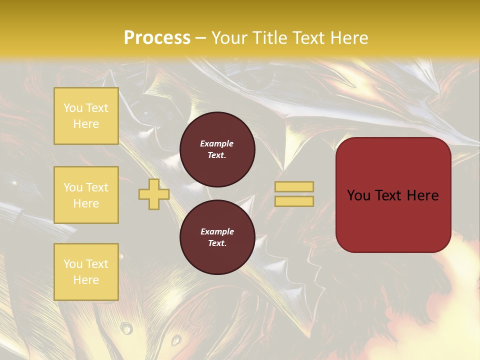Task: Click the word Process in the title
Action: pyautogui.click(x=157, y=38)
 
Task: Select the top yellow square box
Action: pyautogui.click(x=86, y=116)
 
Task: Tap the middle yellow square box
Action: pyautogui.click(x=86, y=195)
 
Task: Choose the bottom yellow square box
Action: pyautogui.click(x=86, y=272)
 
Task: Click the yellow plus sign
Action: pyautogui.click(x=154, y=194)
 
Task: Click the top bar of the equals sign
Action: pyautogui.click(x=294, y=186)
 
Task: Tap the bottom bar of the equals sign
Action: pyautogui.click(x=294, y=201)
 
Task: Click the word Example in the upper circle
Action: pyautogui.click(x=217, y=143)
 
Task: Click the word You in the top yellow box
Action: pyautogui.click(x=73, y=108)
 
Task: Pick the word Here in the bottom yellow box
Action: pyautogui.click(x=86, y=280)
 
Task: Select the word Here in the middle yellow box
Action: pyautogui.click(x=86, y=203)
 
